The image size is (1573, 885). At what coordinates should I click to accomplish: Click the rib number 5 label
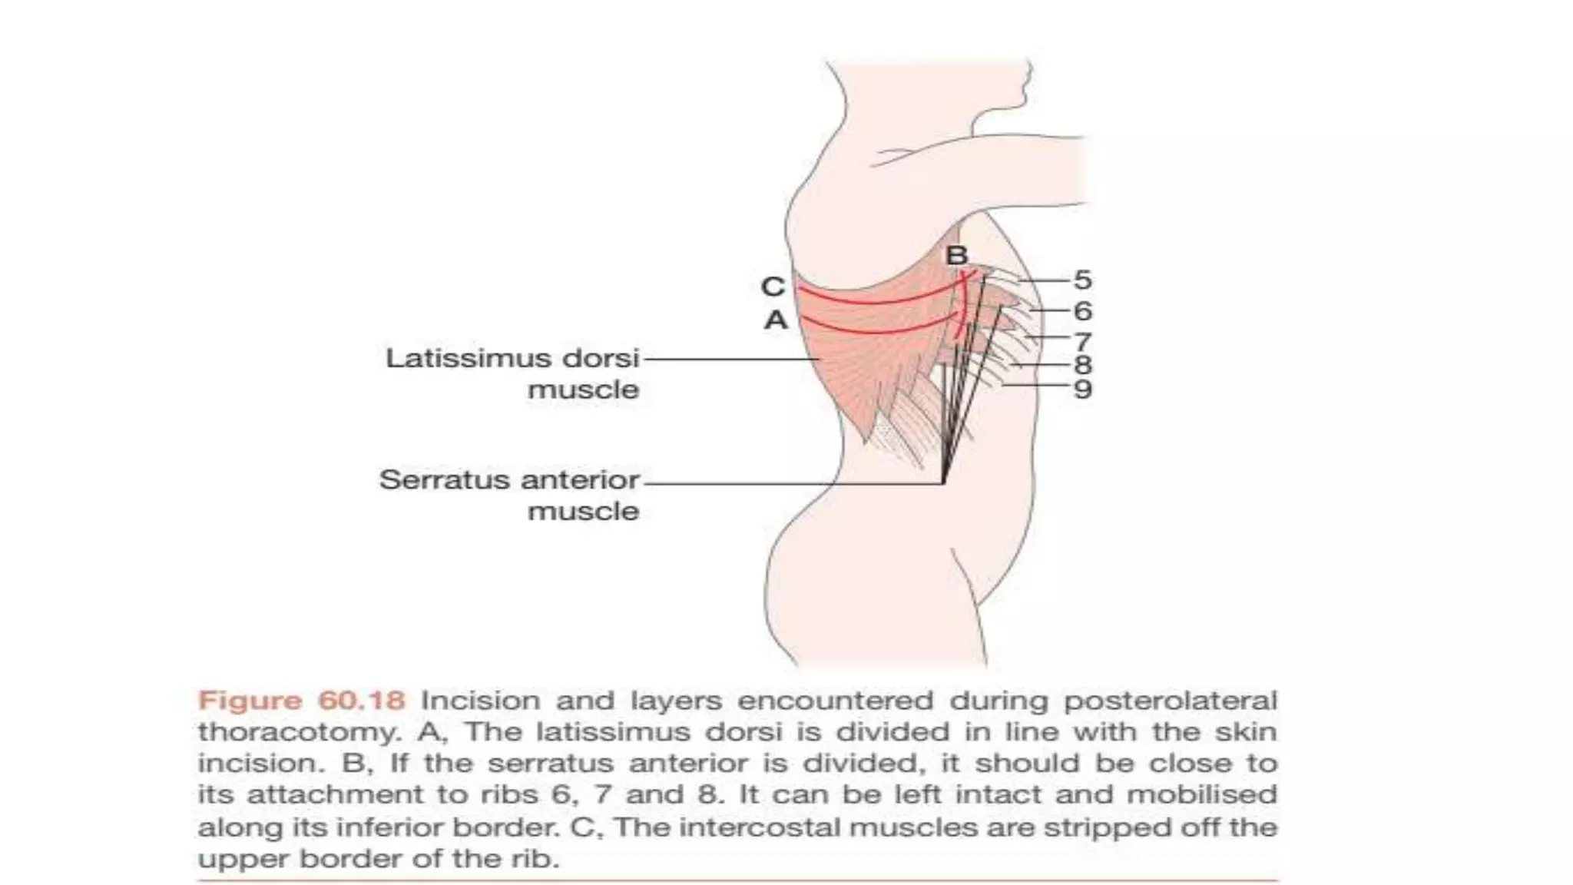click(x=1082, y=280)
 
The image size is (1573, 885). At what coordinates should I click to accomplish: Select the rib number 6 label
click(x=1082, y=311)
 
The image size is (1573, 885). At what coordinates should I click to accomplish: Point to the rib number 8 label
click(x=1082, y=365)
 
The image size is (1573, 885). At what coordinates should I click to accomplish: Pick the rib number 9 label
click(x=1082, y=389)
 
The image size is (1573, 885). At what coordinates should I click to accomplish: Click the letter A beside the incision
click(x=776, y=320)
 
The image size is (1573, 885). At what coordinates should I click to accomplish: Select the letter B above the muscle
click(x=956, y=255)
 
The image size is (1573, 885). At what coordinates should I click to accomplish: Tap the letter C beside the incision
click(x=773, y=287)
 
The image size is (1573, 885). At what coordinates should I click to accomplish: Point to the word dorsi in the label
click(x=601, y=358)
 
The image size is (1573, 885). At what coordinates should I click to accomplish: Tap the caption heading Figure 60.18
click(x=301, y=701)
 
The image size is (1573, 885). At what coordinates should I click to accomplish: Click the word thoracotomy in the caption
click(x=300, y=732)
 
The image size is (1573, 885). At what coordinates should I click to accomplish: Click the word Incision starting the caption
click(x=480, y=701)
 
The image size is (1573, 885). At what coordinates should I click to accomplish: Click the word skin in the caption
click(x=1245, y=732)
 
